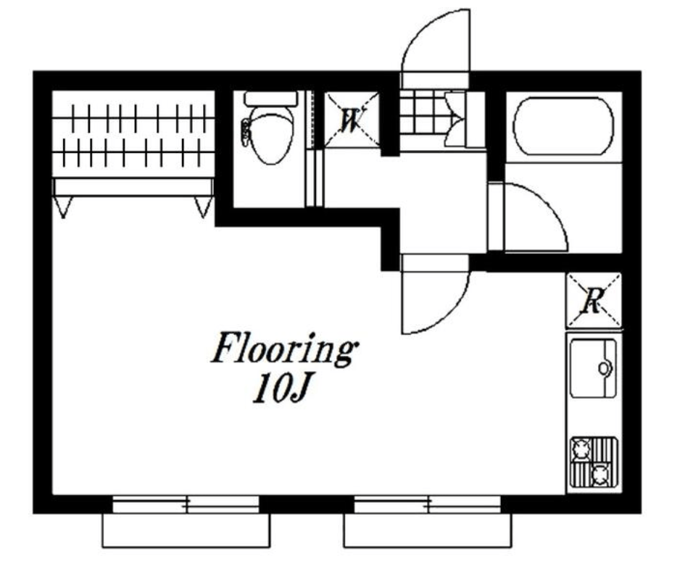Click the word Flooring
285,349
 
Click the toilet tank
270,98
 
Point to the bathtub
563,126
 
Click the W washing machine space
352,120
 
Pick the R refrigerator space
594,300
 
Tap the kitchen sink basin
593,369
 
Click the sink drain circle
604,367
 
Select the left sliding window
186,504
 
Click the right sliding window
428,504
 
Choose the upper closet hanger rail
133,118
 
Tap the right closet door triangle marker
204,207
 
